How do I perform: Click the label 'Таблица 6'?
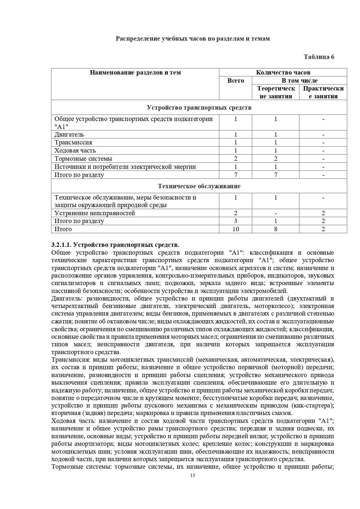(319, 57)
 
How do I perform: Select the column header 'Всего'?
(236, 81)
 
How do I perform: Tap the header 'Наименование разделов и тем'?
(135, 73)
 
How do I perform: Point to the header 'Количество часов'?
(283, 73)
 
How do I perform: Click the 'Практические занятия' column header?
(323, 92)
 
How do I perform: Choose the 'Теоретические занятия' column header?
(276, 92)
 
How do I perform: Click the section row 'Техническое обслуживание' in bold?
(199, 186)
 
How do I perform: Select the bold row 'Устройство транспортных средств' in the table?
(199, 108)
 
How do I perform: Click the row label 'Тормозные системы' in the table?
(83, 159)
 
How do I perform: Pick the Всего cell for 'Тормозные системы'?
(236, 159)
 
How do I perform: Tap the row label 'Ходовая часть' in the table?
(75, 151)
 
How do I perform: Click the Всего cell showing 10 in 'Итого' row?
(236, 229)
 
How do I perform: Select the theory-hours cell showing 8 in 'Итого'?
(276, 229)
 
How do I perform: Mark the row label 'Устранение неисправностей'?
(95, 213)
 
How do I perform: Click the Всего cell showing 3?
(236, 221)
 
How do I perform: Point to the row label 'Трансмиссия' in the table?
(73, 142)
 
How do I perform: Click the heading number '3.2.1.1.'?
(61, 245)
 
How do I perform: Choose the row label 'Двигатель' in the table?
(69, 135)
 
